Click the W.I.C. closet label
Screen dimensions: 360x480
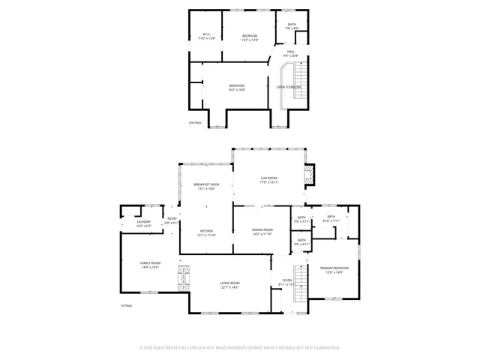point(207,36)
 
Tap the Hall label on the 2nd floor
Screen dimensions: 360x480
point(291,53)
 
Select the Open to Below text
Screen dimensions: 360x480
point(289,87)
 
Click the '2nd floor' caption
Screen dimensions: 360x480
point(195,121)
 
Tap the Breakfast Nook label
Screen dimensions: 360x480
point(206,187)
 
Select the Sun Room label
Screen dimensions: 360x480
point(269,180)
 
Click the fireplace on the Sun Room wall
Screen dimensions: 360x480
point(309,175)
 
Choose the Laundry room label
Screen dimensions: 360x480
point(144,223)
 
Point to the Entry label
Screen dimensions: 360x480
point(172,220)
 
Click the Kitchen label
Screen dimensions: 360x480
point(206,232)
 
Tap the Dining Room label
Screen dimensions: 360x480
point(262,232)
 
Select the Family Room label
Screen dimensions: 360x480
point(150,265)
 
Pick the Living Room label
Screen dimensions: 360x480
point(229,284)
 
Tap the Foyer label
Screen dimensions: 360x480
point(287,282)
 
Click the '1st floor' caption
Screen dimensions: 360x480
point(127,306)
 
